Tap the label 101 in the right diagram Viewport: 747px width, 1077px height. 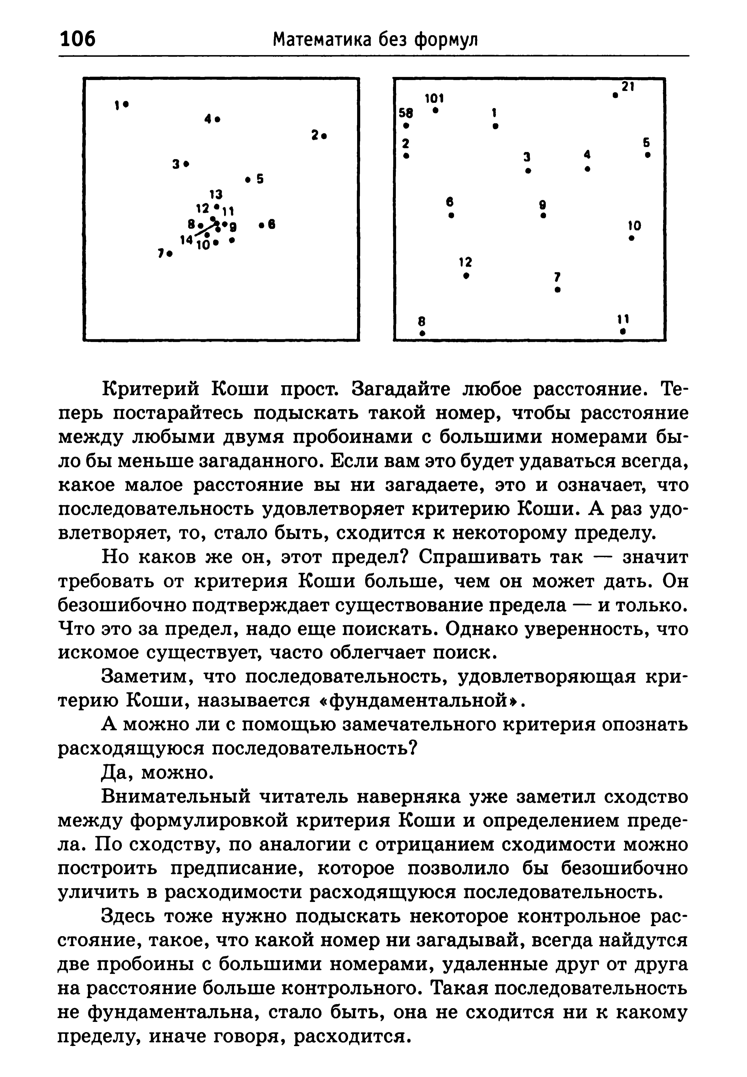coord(434,99)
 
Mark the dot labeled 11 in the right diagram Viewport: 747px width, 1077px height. coord(622,331)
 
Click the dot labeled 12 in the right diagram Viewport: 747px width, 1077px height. coord(466,276)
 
